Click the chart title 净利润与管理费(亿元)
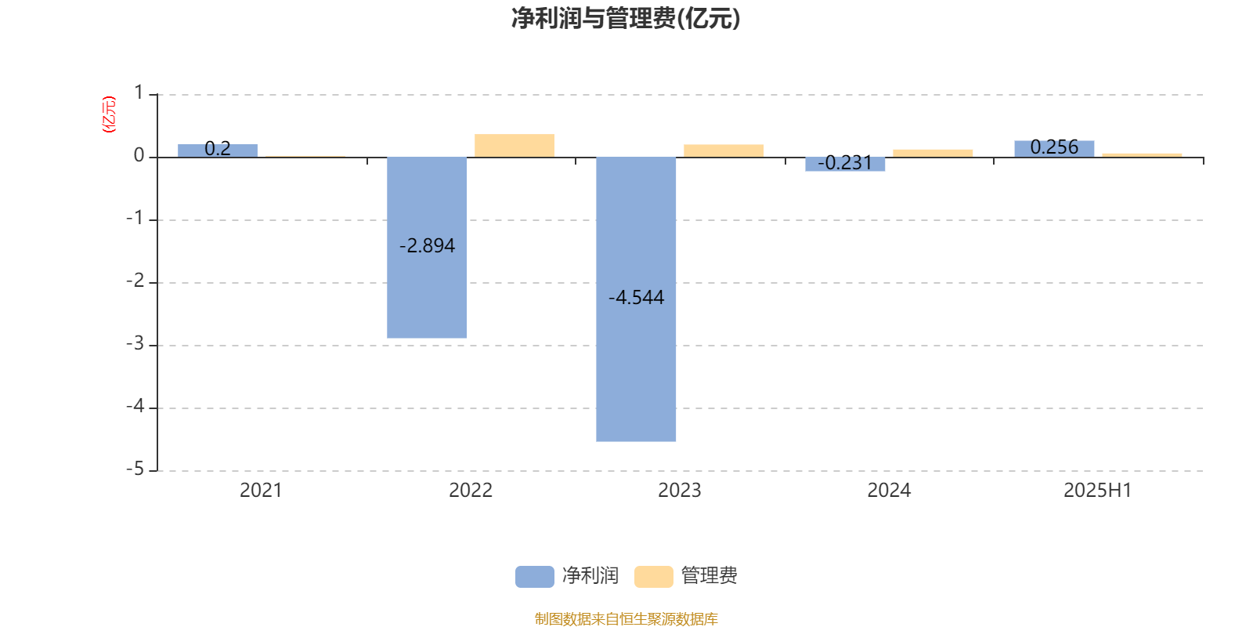coord(626,19)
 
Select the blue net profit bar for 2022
coord(427,248)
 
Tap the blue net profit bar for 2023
coord(636,299)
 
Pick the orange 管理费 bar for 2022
coord(515,146)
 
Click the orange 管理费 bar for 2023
coord(724,151)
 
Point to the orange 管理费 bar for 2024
coord(933,154)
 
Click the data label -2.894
coord(428,246)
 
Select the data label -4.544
coord(637,297)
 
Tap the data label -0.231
coord(845,163)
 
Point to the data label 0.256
coord(1054,147)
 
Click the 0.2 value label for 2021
coord(218,149)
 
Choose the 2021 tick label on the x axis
coord(261,491)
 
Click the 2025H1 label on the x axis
coord(1097,491)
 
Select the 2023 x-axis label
coord(679,491)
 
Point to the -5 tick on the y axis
coord(135,469)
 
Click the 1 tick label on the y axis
coord(139,92)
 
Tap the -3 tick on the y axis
coord(135,344)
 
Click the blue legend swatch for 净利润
coord(535,577)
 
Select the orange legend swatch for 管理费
coord(653,577)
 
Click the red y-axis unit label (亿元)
coord(109,114)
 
